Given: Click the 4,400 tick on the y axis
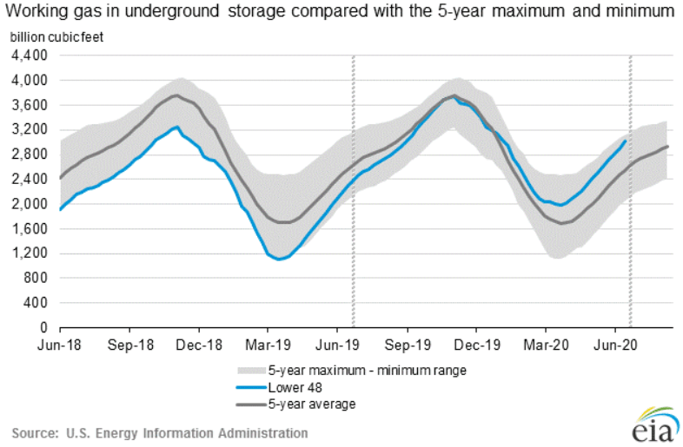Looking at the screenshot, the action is [x=29, y=56].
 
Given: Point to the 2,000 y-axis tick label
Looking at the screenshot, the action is [x=29, y=204].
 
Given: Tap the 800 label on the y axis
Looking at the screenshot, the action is [x=35, y=278].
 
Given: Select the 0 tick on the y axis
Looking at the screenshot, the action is [x=43, y=327].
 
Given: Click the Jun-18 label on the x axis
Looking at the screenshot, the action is [x=60, y=345].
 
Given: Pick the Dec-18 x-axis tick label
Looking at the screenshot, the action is [x=199, y=345].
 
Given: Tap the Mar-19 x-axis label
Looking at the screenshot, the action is [x=268, y=345].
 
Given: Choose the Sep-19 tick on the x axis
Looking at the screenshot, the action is [x=408, y=345].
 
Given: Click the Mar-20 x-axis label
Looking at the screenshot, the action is [x=547, y=345].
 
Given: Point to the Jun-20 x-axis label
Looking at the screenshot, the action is [x=615, y=345].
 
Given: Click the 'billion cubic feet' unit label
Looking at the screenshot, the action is [x=56, y=37].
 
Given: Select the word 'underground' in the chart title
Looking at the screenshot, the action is [x=172, y=11].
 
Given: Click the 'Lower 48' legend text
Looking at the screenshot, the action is [x=295, y=387].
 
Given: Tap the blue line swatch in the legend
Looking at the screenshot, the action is [x=251, y=387].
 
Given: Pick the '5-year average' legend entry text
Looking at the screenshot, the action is [x=312, y=404].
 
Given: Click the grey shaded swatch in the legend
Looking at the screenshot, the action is [x=251, y=371].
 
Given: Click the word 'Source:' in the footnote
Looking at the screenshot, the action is [x=35, y=433].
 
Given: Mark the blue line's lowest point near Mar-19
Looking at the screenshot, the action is [x=279, y=260].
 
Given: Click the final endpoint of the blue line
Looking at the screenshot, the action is [x=626, y=141].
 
